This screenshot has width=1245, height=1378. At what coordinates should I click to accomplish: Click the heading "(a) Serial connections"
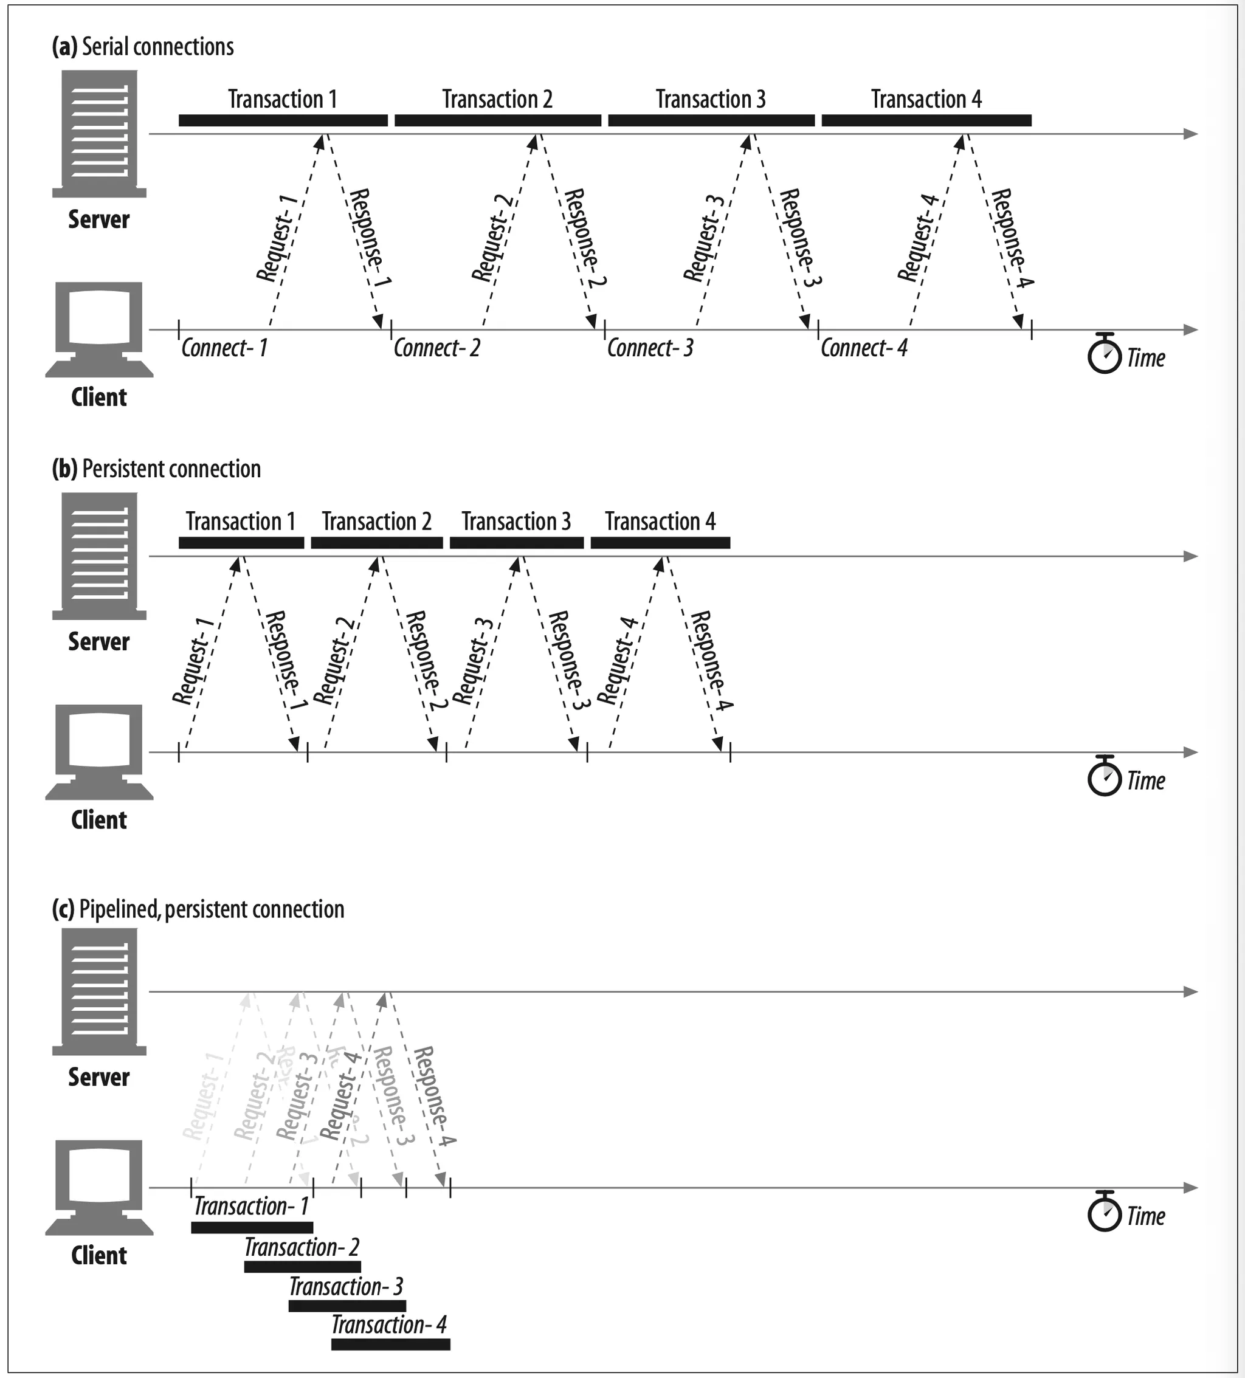tap(143, 46)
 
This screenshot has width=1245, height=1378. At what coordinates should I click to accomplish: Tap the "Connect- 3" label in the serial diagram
tap(649, 348)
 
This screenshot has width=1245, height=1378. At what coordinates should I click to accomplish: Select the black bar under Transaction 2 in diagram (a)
tap(497, 121)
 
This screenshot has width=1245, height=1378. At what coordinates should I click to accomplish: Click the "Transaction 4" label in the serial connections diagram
tap(926, 100)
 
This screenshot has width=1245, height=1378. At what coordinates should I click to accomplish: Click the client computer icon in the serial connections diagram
tap(99, 329)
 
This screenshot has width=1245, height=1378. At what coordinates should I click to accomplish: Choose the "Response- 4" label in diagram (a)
tap(1012, 238)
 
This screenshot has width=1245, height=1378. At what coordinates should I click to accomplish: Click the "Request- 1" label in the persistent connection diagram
tap(193, 660)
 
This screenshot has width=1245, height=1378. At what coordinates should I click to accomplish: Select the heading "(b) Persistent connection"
tap(157, 469)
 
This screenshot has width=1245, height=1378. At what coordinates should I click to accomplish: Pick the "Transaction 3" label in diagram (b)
tap(516, 522)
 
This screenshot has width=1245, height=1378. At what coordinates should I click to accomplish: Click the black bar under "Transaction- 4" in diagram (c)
tap(390, 1345)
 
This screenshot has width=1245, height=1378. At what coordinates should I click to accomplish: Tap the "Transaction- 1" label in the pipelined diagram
tap(251, 1206)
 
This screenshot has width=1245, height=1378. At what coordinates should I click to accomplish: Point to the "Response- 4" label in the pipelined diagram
tap(434, 1097)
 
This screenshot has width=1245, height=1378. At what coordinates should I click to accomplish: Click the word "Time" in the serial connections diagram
tap(1145, 358)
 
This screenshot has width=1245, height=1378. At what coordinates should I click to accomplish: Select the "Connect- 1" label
tap(224, 348)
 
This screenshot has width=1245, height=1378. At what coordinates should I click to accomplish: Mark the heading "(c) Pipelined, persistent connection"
tap(198, 909)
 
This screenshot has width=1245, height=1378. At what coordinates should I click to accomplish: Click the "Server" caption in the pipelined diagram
tap(99, 1077)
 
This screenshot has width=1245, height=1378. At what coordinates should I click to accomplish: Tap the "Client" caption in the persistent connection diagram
tap(99, 819)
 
